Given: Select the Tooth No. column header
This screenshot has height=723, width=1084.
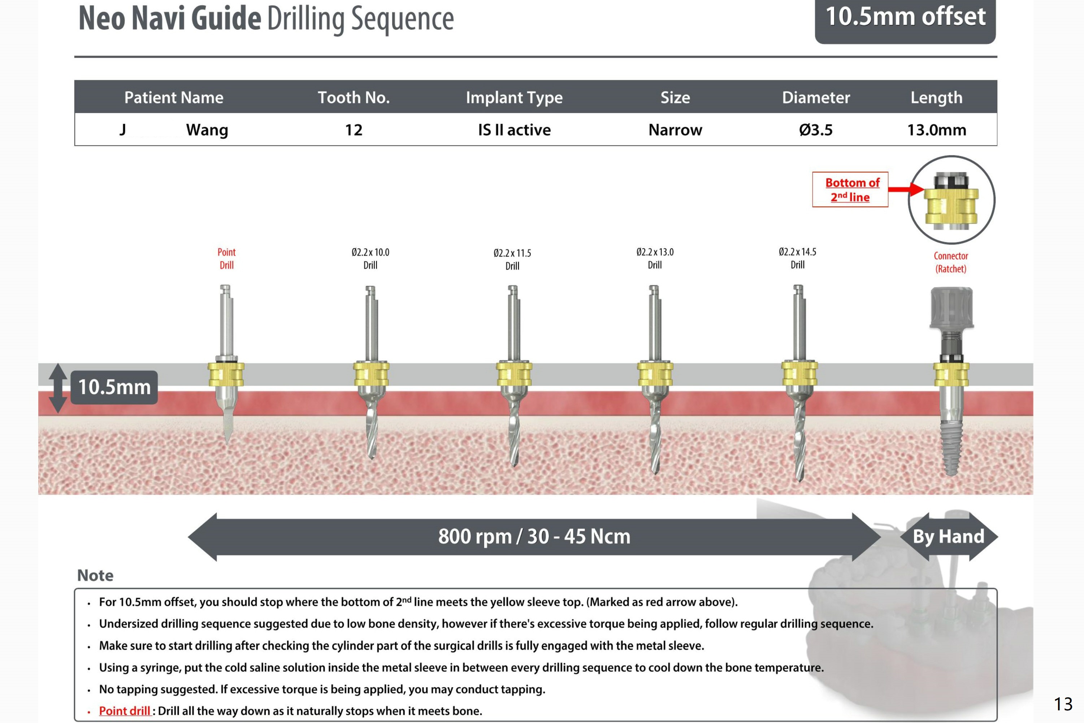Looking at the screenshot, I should [354, 97].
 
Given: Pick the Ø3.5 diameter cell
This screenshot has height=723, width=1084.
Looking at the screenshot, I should [816, 130].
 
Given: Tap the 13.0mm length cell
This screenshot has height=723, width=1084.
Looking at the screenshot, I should [936, 130].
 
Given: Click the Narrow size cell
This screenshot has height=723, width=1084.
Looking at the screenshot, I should [675, 130].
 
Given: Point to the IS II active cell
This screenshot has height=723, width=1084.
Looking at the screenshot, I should [514, 130].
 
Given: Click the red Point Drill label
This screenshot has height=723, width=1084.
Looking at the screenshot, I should [226, 259].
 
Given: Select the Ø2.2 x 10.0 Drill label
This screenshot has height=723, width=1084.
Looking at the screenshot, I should [370, 259].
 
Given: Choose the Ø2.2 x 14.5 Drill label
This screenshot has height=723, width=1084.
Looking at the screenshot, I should [797, 258].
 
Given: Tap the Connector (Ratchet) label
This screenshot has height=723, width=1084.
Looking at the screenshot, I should [951, 262].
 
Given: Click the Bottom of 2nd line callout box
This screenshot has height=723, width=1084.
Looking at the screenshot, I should [850, 190].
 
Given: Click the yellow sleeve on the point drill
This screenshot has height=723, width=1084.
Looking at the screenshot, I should [226, 375].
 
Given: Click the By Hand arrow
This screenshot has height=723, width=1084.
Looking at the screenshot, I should [949, 536].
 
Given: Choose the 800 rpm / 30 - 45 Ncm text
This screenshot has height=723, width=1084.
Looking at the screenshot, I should [534, 536].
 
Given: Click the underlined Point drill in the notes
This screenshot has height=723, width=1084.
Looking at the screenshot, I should [125, 711].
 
